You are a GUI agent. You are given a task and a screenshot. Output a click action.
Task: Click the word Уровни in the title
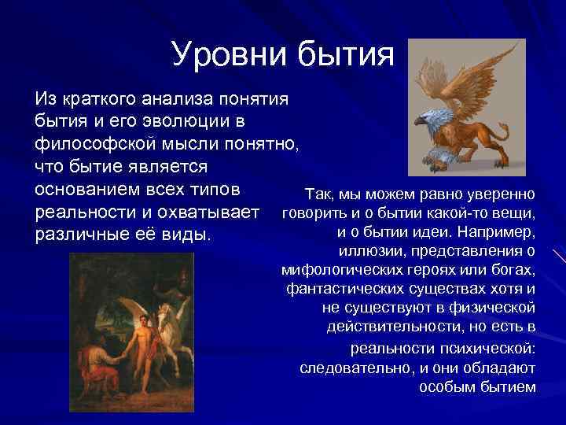(230, 55)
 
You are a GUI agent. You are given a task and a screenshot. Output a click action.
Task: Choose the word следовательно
(351, 368)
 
